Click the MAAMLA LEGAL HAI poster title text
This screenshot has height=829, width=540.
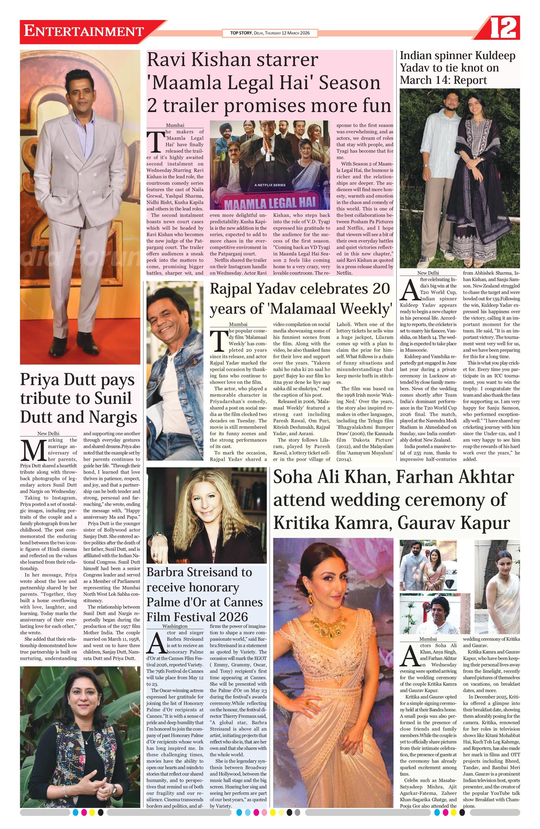pos(270,202)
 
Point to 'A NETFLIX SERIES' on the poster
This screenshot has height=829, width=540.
pos(270,185)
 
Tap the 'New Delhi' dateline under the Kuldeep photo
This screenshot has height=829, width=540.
pos(428,273)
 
